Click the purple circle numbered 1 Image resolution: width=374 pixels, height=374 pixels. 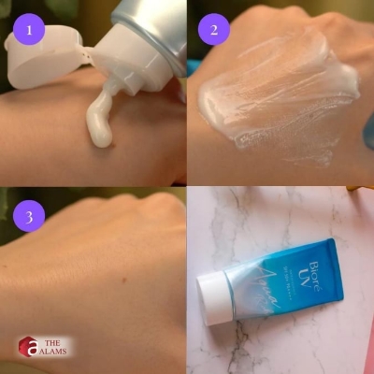click(30, 30)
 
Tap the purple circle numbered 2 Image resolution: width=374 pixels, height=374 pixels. click(214, 30)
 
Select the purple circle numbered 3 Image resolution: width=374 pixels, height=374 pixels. click(30, 217)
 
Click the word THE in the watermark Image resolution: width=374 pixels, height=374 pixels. click(56, 340)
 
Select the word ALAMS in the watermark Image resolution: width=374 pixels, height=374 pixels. click(62, 353)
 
